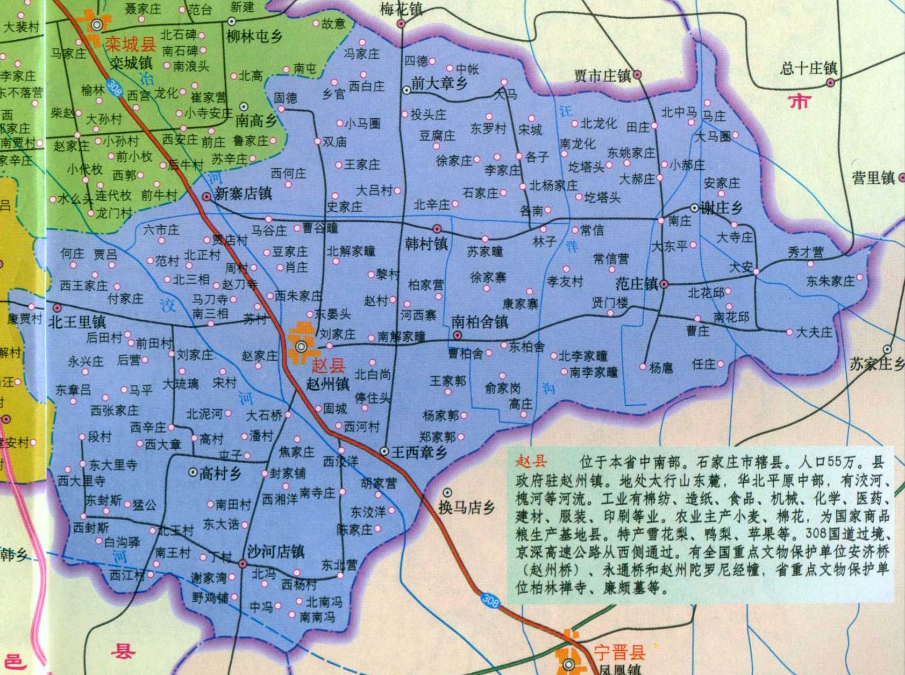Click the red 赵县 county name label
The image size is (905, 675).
(329, 365)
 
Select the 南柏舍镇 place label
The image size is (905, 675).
(480, 322)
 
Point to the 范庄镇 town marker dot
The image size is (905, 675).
(665, 284)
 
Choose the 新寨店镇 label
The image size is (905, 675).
(243, 194)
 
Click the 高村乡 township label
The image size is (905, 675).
(220, 473)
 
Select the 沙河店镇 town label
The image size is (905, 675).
(276, 551)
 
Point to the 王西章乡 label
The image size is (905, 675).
(419, 453)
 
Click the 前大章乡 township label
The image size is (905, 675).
(439, 83)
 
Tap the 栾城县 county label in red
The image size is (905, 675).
(130, 44)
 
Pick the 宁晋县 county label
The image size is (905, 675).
(619, 652)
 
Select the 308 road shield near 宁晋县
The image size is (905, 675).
(489, 600)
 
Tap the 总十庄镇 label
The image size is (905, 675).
(808, 68)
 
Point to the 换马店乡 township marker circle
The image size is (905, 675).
(447, 492)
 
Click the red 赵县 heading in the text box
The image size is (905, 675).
(531, 461)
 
